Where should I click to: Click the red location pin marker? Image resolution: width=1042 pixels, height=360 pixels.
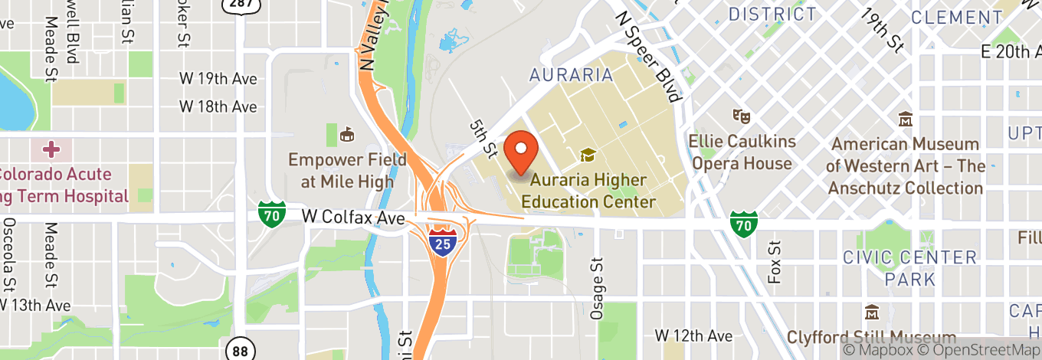[x=523, y=150]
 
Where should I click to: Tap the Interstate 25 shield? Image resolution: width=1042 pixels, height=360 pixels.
[x=441, y=241]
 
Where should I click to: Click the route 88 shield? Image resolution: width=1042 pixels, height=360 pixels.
[x=240, y=350]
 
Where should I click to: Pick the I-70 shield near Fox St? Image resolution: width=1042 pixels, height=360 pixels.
[x=742, y=223]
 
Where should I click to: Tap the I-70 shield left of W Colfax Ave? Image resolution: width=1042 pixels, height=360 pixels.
[x=271, y=214]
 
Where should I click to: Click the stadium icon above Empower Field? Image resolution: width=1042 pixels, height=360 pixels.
[x=347, y=135]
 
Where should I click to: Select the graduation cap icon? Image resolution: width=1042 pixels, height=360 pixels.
[x=588, y=155]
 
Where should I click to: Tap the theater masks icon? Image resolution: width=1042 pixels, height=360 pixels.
[x=740, y=116]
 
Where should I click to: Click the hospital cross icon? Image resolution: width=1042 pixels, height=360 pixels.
[x=51, y=148]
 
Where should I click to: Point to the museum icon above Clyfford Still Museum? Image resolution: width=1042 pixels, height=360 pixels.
[x=872, y=313]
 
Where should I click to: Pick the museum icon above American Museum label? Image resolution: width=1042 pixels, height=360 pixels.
[x=906, y=119]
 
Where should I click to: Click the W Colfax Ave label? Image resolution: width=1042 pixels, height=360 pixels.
[x=353, y=218]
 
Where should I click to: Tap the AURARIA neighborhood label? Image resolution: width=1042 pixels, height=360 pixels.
[x=572, y=75]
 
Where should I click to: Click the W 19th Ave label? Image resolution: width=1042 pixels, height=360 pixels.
[x=218, y=79]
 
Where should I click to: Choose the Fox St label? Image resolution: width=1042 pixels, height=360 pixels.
[x=775, y=262]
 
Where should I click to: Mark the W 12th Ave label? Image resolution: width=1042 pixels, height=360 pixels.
[x=693, y=335]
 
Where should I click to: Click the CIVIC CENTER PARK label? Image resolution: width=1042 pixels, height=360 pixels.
[x=910, y=267]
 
